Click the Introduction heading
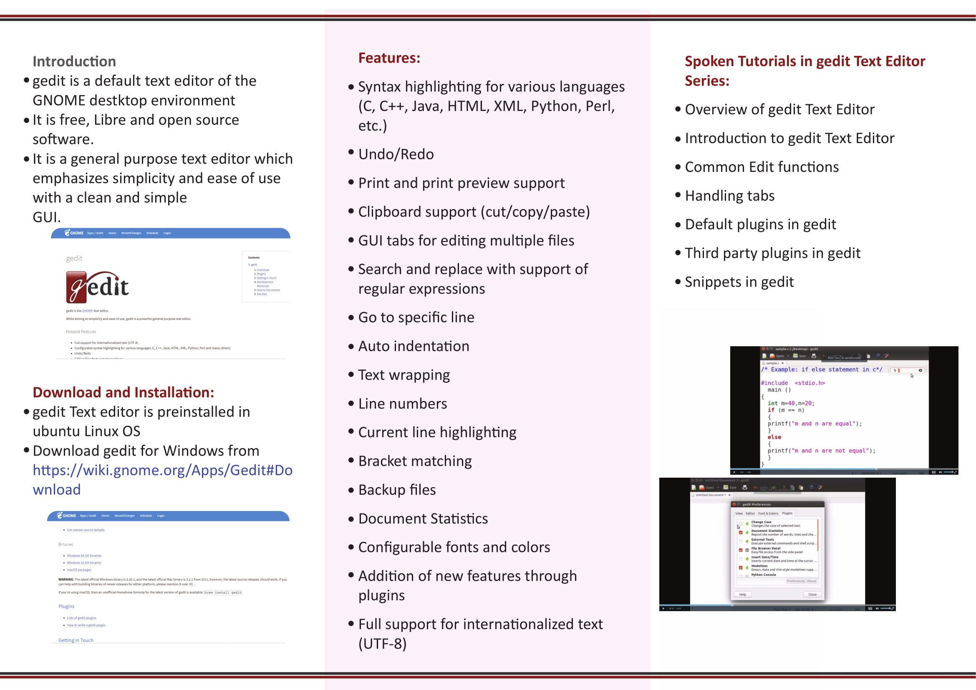tap(74, 62)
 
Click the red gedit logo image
tap(97, 287)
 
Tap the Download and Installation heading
tap(123, 392)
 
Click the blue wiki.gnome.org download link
tap(162, 479)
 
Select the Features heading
tap(389, 58)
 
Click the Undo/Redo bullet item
tap(396, 154)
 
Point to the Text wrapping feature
tap(404, 375)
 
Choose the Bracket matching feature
tap(415, 461)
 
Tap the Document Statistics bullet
tap(423, 519)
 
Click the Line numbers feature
tap(403, 404)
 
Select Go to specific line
tap(416, 317)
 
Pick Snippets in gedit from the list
tap(739, 282)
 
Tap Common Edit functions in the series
tap(762, 167)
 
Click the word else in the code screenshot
tap(774, 437)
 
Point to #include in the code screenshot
tap(774, 383)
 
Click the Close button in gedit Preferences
tap(812, 594)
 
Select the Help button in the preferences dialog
tap(743, 594)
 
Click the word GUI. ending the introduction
tap(47, 217)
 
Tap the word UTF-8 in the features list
tap(383, 644)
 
